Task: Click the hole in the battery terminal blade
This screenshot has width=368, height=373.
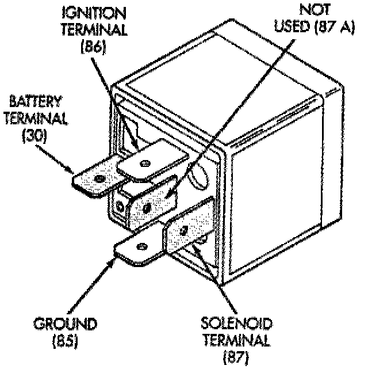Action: tap(101, 180)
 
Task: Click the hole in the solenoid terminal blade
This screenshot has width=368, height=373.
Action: tap(183, 231)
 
